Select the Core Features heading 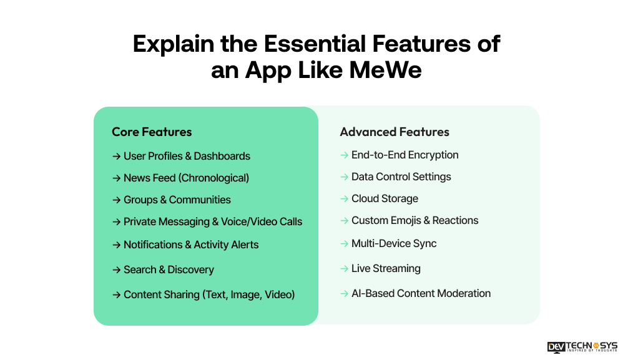click(x=152, y=132)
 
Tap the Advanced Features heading click(x=395, y=132)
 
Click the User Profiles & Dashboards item click(x=187, y=156)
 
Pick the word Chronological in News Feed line click(x=213, y=178)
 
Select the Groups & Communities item click(x=177, y=200)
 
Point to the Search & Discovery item click(x=169, y=270)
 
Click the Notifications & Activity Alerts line click(x=190, y=245)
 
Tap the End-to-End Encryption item click(x=405, y=155)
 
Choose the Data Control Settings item click(x=401, y=177)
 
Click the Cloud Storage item click(x=385, y=198)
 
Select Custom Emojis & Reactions click(x=415, y=220)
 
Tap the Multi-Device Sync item click(x=394, y=243)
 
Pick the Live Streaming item click(x=386, y=268)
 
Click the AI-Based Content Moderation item click(x=421, y=293)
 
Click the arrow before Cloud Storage click(x=344, y=198)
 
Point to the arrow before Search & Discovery click(x=116, y=270)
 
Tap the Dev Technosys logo click(x=582, y=346)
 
